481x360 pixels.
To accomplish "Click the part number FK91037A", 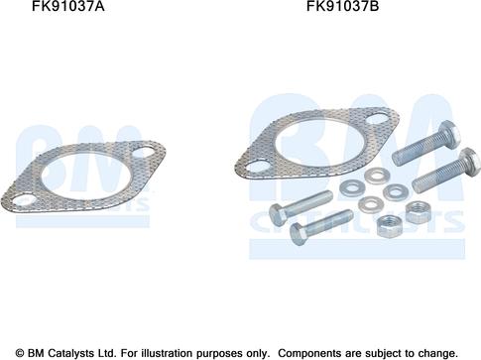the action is click(x=67, y=6).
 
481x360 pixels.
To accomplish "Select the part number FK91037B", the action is click(x=343, y=6).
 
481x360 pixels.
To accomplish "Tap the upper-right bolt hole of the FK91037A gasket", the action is click(x=145, y=153).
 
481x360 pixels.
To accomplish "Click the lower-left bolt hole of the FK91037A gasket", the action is click(x=24, y=200).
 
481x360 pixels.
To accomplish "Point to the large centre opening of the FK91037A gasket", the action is click(x=86, y=177).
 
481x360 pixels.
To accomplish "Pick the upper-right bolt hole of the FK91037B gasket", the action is click(x=378, y=119).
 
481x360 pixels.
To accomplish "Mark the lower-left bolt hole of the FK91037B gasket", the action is click(x=259, y=167).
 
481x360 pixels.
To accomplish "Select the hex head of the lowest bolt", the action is click(x=298, y=234).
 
